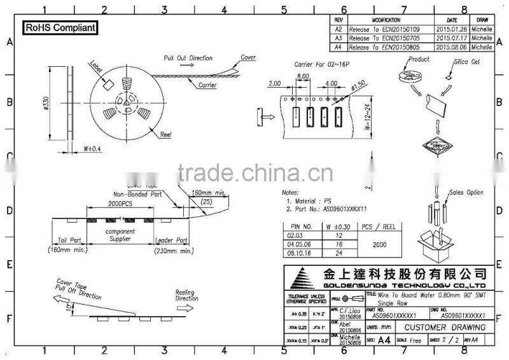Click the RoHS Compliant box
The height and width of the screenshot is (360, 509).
click(60, 28)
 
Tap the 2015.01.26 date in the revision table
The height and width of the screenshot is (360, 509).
click(452, 29)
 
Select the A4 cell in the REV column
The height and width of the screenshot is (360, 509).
click(338, 47)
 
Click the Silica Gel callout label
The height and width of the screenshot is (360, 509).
click(467, 63)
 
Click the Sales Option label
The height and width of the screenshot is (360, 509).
click(466, 192)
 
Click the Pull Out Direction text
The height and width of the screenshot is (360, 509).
click(188, 58)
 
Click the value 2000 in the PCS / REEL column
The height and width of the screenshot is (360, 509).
click(379, 244)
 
